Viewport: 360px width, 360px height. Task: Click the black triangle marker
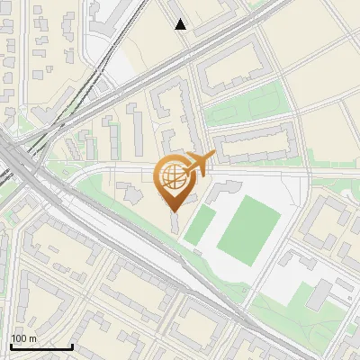click(x=181, y=24)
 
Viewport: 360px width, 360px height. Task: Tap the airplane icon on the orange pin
click(x=199, y=162)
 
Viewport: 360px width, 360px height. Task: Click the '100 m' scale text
click(x=23, y=339)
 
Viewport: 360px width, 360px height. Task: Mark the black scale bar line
click(x=41, y=346)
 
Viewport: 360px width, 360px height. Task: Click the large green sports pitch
click(x=249, y=231)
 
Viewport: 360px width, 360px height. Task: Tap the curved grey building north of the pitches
click(x=225, y=189)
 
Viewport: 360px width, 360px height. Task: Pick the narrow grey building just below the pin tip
click(x=175, y=221)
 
